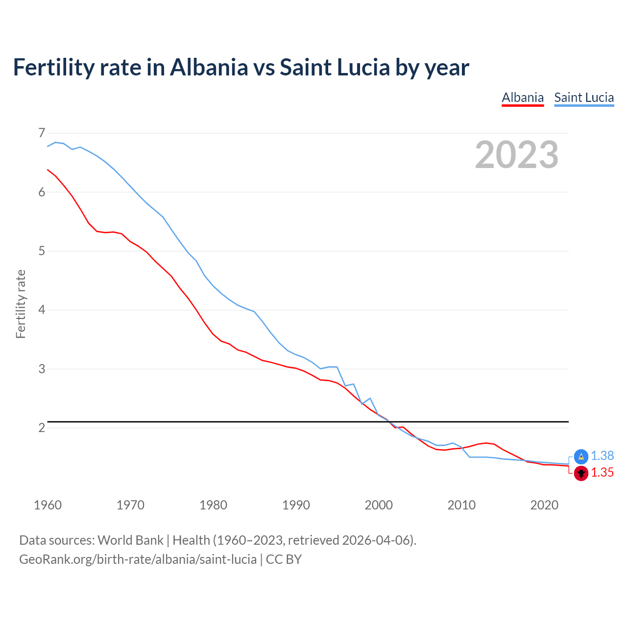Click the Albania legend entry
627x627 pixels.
coord(523,97)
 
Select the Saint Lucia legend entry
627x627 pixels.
coord(584,97)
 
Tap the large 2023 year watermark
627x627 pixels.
coord(516,155)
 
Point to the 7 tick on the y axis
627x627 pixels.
coord(42,133)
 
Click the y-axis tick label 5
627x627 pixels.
coord(42,251)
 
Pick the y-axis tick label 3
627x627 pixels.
coord(42,369)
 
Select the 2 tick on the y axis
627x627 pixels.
coord(42,428)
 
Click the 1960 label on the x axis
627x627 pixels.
coord(48,505)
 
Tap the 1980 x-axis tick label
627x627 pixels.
coord(213,505)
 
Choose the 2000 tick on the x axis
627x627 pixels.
coord(379,505)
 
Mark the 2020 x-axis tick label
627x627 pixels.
coord(544,505)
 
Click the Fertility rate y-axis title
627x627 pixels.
coord(21,304)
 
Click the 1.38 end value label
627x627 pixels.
coord(602,456)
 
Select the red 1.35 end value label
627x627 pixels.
coord(602,473)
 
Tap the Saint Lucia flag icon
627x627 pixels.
coord(581,457)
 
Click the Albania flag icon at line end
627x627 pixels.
coord(581,473)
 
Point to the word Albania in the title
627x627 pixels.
coord(209,67)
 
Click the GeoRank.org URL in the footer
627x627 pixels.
coord(138,559)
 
